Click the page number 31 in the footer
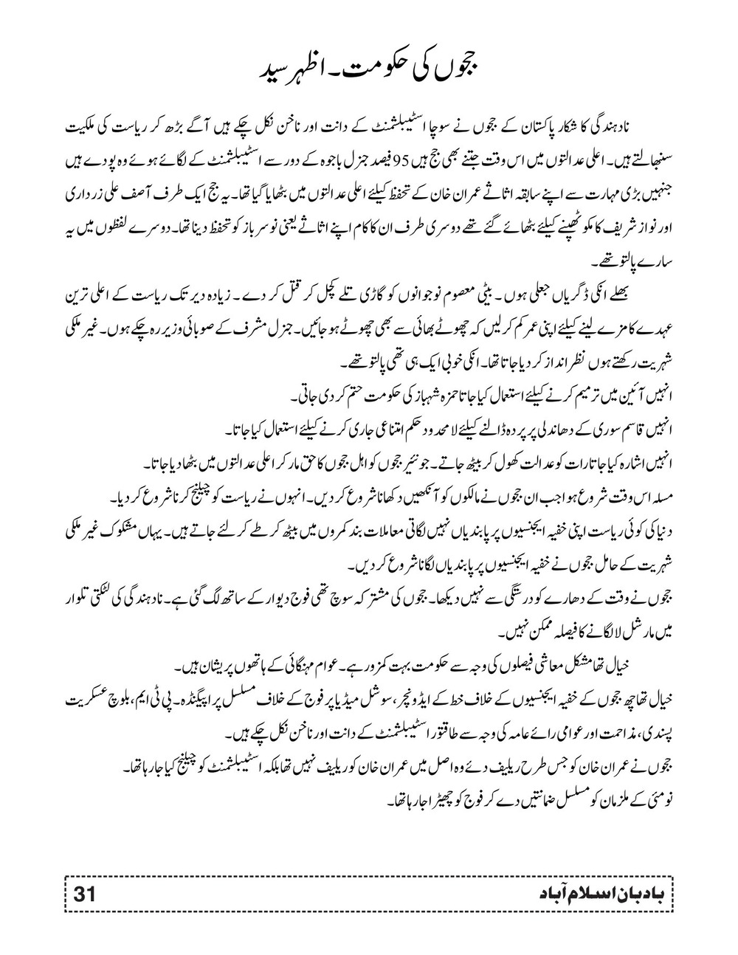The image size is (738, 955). click(x=84, y=894)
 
